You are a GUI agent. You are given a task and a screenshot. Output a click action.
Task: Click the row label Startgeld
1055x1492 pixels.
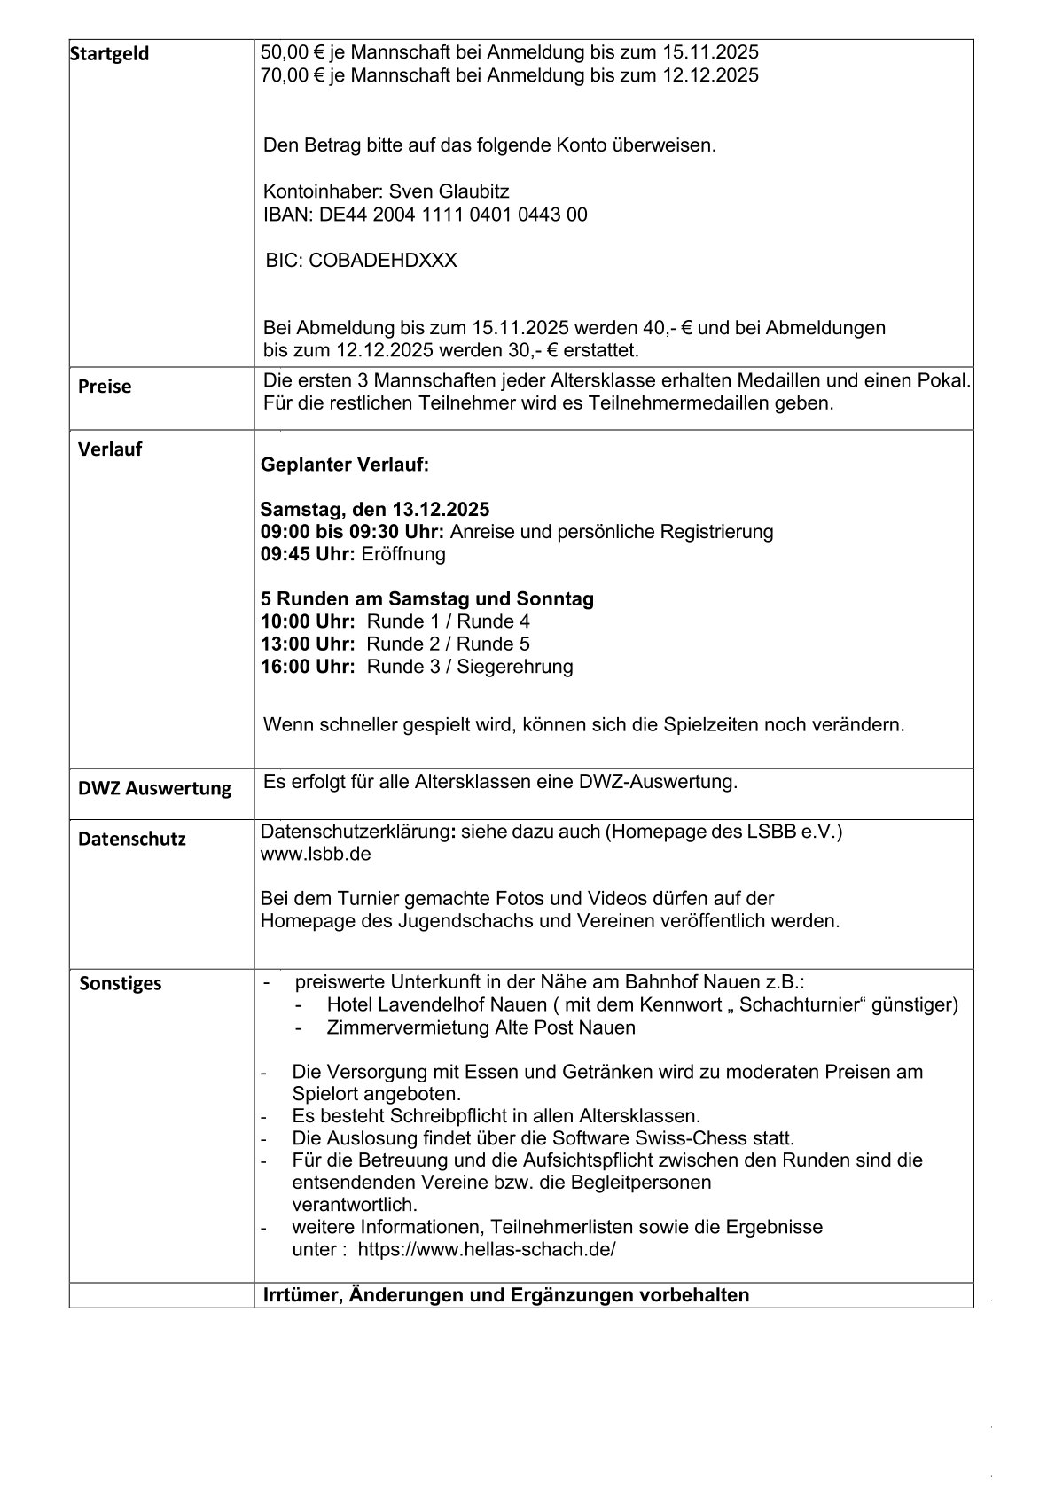110,54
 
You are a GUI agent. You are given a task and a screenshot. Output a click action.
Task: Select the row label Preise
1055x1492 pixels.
105,387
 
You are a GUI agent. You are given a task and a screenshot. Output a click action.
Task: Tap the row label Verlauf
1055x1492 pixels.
110,449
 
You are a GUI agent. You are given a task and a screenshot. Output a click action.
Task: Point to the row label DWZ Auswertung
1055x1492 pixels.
154,788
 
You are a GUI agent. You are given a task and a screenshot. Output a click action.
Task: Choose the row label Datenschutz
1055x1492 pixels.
132,839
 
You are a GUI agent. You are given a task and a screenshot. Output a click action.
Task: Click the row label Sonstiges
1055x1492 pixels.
121,983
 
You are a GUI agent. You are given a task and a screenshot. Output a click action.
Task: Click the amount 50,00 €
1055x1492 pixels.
294,52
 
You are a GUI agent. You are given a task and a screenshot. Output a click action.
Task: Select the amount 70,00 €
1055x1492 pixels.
294,75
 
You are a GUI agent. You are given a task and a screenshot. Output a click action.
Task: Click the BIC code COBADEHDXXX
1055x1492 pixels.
383,261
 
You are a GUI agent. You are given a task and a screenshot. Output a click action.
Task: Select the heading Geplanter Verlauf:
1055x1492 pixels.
345,465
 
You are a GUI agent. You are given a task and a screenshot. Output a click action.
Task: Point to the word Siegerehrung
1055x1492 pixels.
515,666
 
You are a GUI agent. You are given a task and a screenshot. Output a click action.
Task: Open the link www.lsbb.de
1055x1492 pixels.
316,855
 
